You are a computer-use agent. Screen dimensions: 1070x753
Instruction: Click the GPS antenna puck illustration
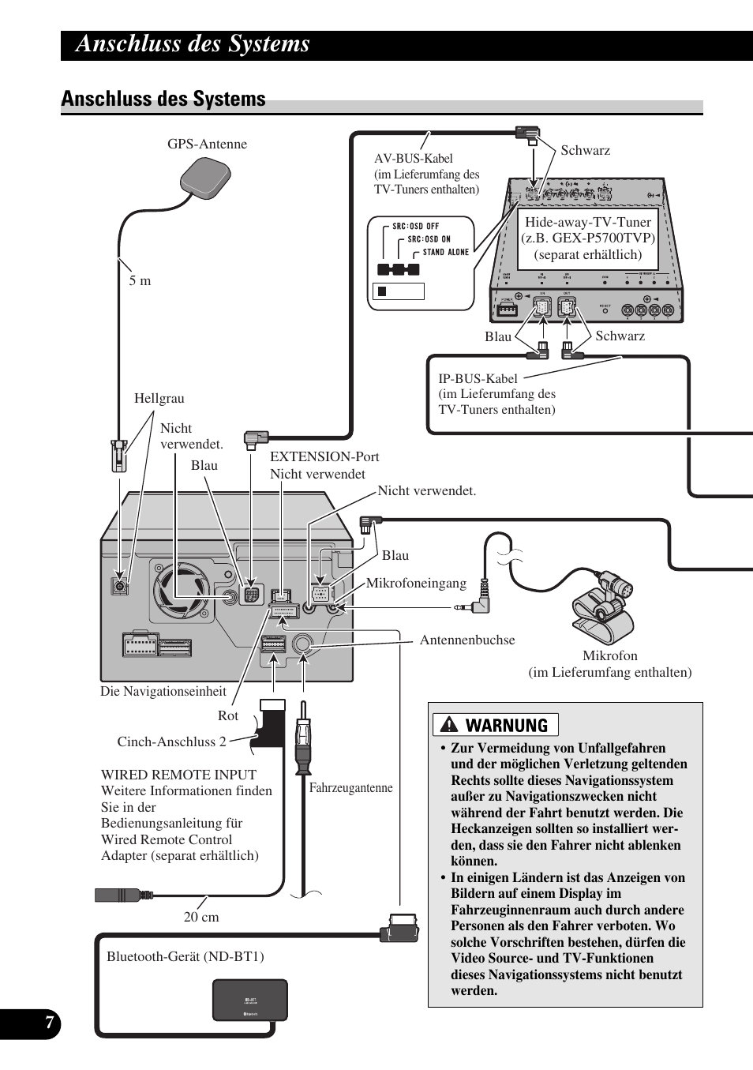(205, 177)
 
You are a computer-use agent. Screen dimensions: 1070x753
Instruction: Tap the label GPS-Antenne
(207, 144)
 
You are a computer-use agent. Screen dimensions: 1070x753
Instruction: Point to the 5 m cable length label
(140, 280)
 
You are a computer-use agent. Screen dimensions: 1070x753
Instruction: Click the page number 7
(49, 1023)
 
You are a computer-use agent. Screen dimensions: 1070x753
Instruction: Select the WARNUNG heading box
(496, 725)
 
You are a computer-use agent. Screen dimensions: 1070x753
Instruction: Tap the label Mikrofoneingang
(416, 583)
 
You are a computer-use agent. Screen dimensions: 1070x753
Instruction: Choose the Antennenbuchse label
(467, 640)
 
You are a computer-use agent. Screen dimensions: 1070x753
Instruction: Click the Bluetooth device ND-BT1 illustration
(249, 1000)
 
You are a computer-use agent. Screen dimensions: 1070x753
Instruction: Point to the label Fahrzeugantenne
(350, 787)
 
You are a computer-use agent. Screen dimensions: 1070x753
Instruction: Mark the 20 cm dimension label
(201, 917)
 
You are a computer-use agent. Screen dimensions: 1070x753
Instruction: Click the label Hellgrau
(159, 398)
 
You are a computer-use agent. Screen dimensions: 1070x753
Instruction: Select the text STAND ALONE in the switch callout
(446, 253)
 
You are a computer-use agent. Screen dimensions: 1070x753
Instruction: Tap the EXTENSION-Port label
(324, 456)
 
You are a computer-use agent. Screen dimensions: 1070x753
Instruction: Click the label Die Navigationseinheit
(163, 691)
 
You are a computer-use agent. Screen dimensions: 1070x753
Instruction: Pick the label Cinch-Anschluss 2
(171, 741)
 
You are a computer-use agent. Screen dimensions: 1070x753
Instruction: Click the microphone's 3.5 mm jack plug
(472, 607)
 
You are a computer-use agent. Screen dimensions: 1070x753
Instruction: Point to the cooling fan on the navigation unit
(183, 589)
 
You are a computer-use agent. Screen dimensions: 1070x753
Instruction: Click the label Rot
(227, 715)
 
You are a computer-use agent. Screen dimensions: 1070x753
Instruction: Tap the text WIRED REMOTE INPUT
(178, 775)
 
